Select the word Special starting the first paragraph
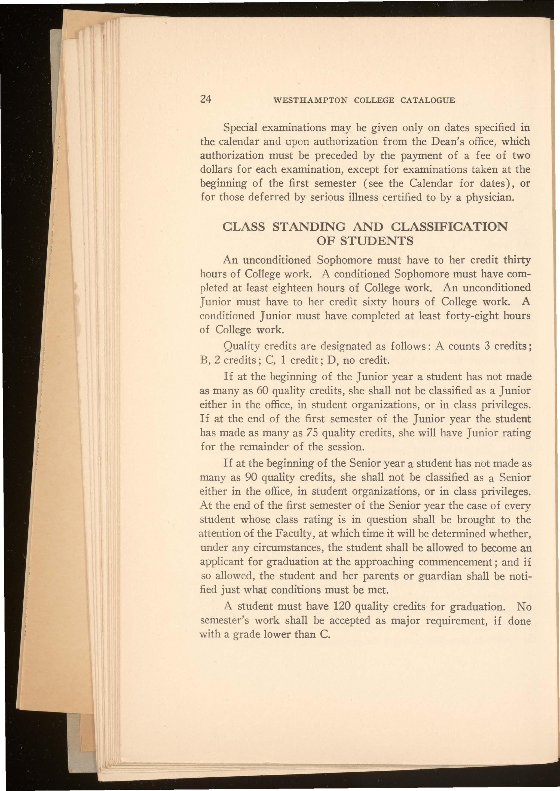click(x=240, y=128)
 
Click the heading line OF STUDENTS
click(x=365, y=240)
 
